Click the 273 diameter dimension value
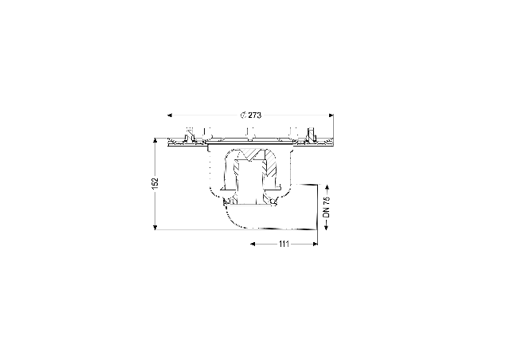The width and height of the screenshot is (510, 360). point(255,115)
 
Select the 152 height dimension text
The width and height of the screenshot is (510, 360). point(155,182)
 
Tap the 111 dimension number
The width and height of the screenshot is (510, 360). point(284,244)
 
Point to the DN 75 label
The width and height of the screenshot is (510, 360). point(326,207)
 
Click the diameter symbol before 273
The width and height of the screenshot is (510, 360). point(243,115)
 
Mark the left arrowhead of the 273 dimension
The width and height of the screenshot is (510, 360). point(170,115)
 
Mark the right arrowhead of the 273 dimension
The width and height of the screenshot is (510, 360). point(331,115)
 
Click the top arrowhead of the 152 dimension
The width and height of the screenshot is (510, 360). point(155,140)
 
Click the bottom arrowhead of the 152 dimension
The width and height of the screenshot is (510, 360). point(155,227)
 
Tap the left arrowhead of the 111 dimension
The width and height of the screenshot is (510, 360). point(253,244)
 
